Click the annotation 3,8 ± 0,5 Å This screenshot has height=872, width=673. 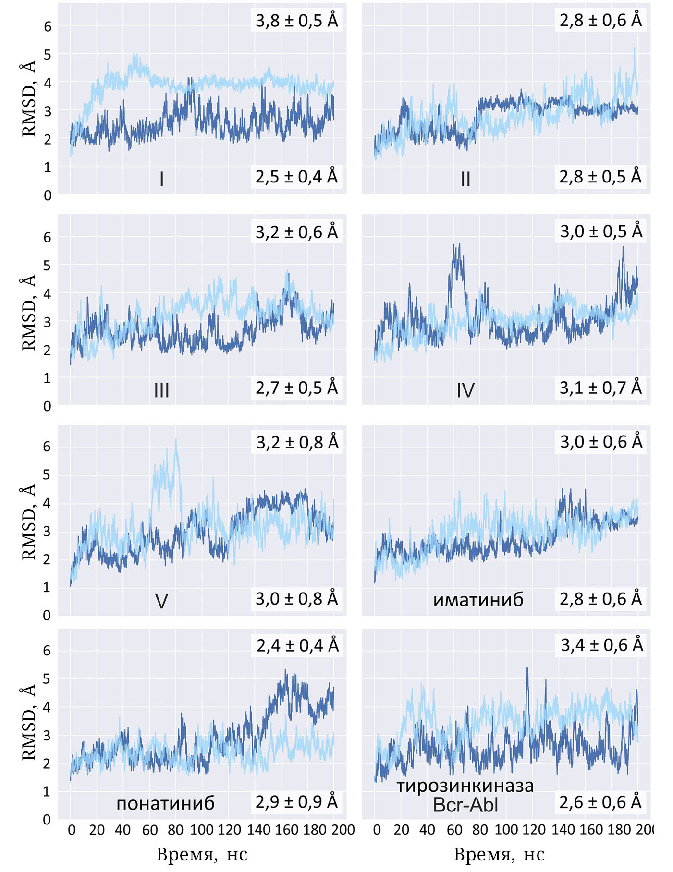296,21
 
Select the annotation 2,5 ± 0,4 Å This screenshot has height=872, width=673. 296,177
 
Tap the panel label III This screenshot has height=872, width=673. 161,390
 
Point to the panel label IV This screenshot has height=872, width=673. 465,390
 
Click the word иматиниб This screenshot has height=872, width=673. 478,600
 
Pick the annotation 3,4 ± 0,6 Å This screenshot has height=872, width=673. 601,645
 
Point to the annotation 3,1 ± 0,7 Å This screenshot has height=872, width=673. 600,388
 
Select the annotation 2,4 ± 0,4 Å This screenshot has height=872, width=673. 297,645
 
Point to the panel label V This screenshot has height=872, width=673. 161,601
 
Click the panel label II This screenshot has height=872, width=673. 465,179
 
